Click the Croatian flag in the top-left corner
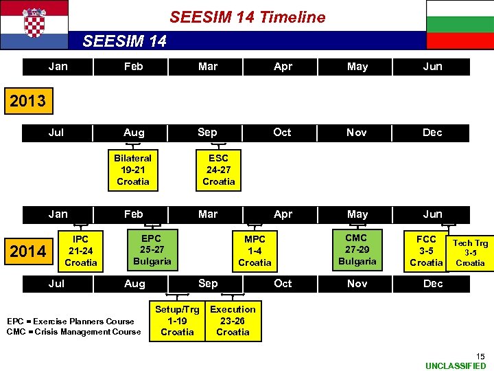click(34, 24)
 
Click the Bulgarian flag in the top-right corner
click(460, 24)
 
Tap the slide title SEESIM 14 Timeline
click(247, 17)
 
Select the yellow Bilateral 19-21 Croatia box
click(133, 170)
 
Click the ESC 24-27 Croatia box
click(219, 170)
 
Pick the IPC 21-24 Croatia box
click(81, 251)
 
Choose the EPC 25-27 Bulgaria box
click(152, 250)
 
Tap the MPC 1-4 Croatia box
click(255, 251)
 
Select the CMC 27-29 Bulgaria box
click(357, 249)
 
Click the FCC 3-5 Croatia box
click(426, 251)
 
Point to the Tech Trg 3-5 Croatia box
click(471, 253)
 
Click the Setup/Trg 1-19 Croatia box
click(177, 321)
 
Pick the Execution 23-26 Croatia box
click(233, 321)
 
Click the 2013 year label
click(27, 101)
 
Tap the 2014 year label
click(27, 251)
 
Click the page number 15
click(480, 356)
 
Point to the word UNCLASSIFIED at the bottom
click(456, 366)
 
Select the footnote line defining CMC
click(73, 332)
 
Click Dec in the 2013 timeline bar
click(432, 133)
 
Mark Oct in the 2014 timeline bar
click(283, 283)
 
